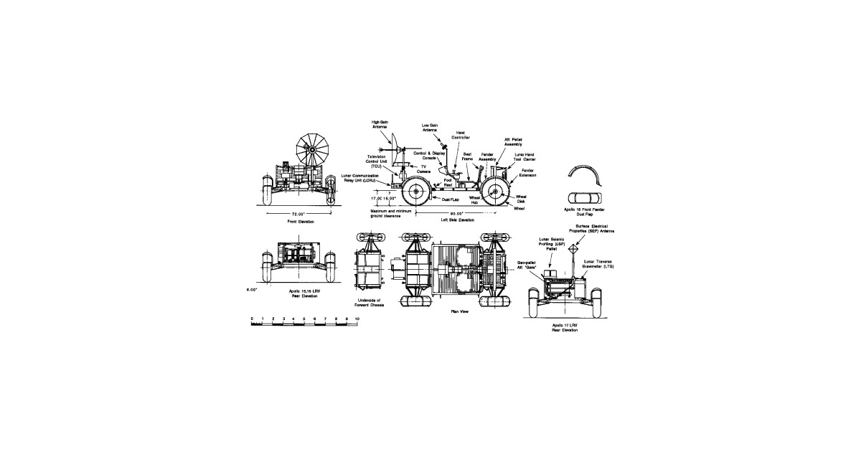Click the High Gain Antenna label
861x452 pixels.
coord(380,125)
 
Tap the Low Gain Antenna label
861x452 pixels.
coord(430,128)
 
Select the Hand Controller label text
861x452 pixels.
coord(461,134)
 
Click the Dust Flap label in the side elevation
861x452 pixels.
coord(451,199)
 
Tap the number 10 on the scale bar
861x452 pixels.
coord(347,317)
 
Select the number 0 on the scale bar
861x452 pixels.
coord(252,317)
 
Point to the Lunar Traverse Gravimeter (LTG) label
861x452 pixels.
coord(603,263)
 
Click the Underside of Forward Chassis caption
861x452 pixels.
coord(370,303)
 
